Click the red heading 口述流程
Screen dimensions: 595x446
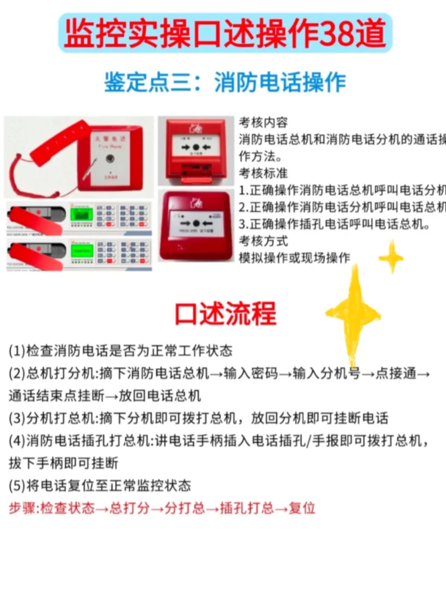pos(225,314)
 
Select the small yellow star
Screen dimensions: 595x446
pos(391,257)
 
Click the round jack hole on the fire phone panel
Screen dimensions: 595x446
pos(110,158)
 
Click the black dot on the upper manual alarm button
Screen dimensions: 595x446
pos(196,147)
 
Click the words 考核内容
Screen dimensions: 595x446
pos(263,122)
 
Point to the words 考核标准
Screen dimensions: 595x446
pos(263,173)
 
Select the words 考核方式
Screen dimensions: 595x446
pos(263,241)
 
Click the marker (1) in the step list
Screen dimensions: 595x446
pos(17,351)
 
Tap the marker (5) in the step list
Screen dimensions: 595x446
pos(17,486)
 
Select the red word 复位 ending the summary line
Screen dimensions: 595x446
pos(302,508)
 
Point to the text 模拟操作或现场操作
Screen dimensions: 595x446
pos(294,258)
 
